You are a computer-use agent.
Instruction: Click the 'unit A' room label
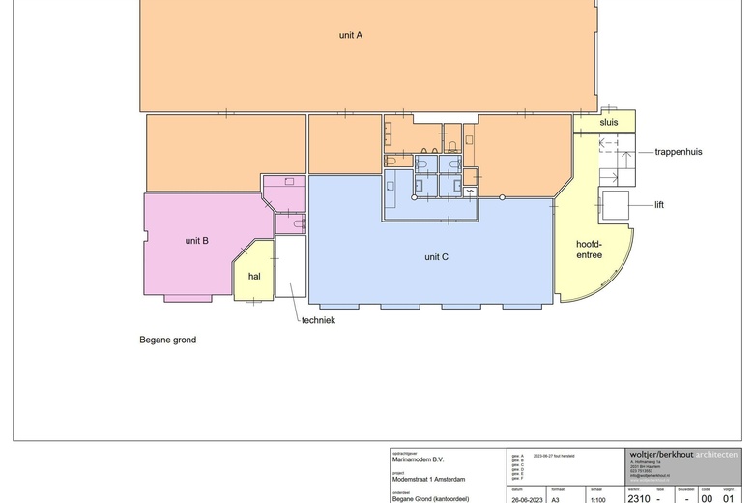click(x=350, y=35)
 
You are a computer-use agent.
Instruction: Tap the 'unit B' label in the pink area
click(x=197, y=240)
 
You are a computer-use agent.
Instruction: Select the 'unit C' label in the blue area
click(x=436, y=257)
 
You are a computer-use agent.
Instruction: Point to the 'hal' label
click(x=254, y=277)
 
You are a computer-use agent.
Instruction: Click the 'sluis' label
click(x=608, y=123)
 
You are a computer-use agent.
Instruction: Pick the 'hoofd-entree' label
click(x=589, y=249)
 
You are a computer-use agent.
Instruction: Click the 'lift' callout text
click(x=659, y=205)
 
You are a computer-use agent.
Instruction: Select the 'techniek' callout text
click(x=318, y=320)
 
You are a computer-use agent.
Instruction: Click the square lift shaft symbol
click(x=614, y=205)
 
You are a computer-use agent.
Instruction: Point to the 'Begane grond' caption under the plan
click(x=167, y=340)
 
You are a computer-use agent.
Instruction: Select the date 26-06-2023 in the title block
click(x=528, y=500)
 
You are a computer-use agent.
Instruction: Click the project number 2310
click(x=638, y=499)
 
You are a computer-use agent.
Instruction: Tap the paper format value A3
click(x=556, y=500)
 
